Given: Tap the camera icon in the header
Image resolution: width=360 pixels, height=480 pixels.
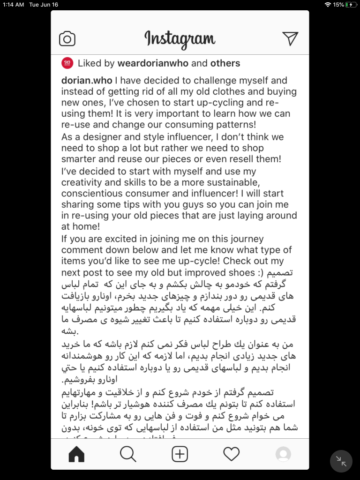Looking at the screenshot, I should coord(67,39).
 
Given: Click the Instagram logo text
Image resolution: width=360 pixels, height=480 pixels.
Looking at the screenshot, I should coord(180,39).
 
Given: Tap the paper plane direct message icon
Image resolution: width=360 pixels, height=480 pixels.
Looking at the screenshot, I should coord(290,39).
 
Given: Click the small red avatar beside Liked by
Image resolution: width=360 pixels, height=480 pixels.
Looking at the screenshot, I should coord(67,63).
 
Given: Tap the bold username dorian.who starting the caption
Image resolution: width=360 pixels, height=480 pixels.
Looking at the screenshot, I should coord(87,81).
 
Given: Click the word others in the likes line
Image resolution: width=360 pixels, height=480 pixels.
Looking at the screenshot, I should coord(225,63).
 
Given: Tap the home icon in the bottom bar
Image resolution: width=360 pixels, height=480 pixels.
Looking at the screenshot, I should coord(76,454).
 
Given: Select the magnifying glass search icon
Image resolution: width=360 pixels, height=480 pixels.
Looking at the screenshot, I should coord(128,454).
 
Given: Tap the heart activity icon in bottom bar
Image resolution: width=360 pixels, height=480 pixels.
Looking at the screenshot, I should coord(231,454).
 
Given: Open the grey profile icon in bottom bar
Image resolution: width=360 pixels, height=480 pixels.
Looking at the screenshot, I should coord(283,454).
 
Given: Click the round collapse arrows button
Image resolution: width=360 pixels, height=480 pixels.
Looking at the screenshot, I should coord(341,461).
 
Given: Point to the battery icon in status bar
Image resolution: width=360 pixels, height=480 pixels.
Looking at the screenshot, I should coord(351,5).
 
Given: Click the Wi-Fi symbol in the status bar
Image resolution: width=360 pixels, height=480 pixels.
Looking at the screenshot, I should coord(327,5).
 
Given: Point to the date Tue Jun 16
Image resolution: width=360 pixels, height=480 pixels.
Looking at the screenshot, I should coord(44,5).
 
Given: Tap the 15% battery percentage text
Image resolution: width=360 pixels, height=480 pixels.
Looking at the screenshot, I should coord(338,5).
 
